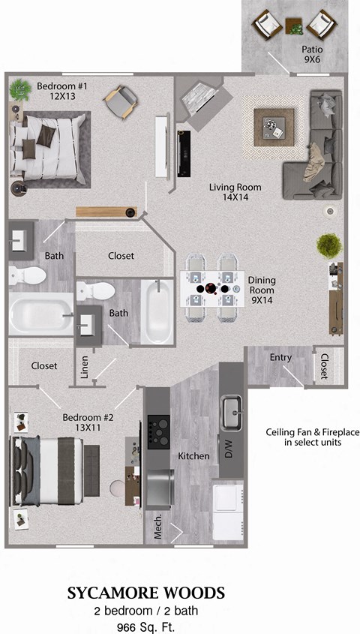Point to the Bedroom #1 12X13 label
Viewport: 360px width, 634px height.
[62, 92]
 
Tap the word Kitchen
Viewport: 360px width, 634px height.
[193, 455]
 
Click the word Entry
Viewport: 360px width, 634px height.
[280, 358]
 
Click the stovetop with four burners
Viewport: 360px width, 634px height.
[158, 431]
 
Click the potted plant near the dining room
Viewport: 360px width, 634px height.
[328, 245]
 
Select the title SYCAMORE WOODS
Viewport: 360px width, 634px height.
[145, 593]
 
